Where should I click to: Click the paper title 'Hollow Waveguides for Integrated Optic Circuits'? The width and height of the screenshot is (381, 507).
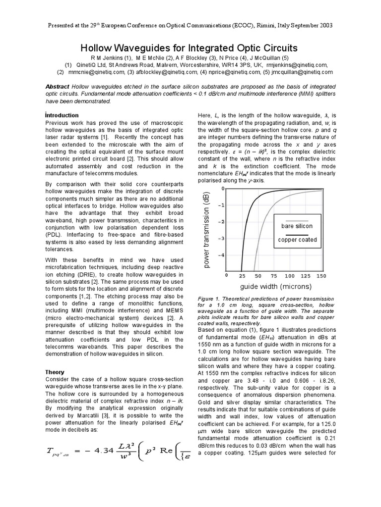[189, 48]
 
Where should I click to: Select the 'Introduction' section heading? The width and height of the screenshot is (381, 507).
[62, 115]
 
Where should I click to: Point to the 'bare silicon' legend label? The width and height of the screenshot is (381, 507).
[298, 226]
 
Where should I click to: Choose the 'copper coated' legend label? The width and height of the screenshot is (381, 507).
[298, 240]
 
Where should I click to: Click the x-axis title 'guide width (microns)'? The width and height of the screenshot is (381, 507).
[276, 287]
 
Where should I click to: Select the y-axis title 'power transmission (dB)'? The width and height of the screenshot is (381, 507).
[207, 231]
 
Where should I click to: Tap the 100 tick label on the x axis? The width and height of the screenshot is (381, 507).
[289, 276]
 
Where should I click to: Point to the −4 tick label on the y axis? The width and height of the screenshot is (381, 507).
[221, 255]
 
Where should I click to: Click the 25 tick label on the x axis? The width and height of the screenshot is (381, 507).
[243, 276]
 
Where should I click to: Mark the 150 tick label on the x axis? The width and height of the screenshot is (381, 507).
[320, 276]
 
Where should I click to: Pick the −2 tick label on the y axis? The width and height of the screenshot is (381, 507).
[221, 222]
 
